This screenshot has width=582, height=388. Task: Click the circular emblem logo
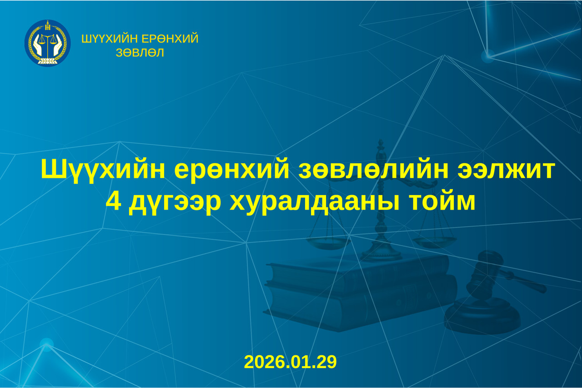[x=47, y=43]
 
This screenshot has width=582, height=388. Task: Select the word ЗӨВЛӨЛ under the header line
[x=140, y=53]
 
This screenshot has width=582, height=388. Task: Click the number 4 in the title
[x=113, y=202]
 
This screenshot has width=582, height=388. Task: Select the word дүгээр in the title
[x=175, y=203]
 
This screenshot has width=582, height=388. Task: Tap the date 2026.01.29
[x=290, y=362]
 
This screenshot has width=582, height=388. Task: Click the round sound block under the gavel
[x=482, y=315]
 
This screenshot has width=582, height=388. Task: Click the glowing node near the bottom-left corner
[x=46, y=344]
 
